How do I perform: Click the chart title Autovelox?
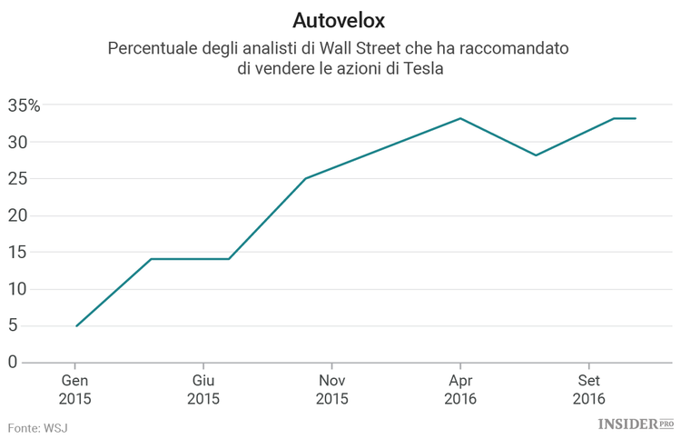[340, 19]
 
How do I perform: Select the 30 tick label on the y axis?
[18, 143]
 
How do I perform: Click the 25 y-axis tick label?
[18, 179]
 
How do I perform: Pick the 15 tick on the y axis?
[18, 253]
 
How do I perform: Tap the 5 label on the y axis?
[13, 325]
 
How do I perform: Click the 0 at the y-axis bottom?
[13, 363]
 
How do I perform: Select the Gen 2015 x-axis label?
[75, 389]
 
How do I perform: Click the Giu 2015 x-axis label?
[203, 389]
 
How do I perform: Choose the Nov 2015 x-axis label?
[332, 389]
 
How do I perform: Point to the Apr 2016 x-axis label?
[460, 389]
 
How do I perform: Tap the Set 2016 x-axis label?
[588, 389]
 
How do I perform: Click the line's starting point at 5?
[76, 325]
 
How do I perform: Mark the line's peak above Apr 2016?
[460, 118]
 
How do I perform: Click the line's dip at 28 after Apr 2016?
[536, 155]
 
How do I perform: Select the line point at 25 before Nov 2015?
[306, 178]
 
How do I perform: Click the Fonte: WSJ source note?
[38, 427]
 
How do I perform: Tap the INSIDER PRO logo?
[635, 424]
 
